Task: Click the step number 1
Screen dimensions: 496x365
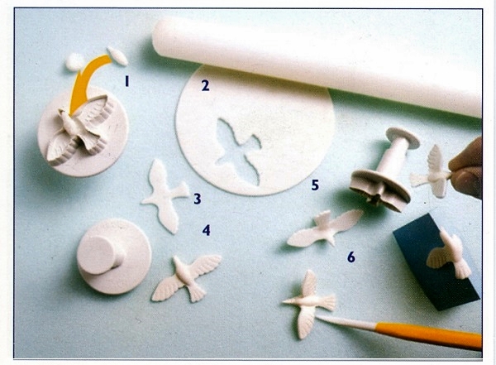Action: coord(126,82)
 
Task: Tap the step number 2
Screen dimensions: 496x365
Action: coord(205,85)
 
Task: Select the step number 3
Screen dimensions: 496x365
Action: coord(198,199)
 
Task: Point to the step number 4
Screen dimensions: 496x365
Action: coord(206,230)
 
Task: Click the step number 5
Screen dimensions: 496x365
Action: coord(315,185)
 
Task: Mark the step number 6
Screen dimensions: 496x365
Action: coord(351,257)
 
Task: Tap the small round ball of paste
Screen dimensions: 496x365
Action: coord(74,62)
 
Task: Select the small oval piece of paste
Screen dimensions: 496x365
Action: coord(117,56)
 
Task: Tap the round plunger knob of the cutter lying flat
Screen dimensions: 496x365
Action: coord(98,254)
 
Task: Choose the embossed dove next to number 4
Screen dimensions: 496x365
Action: coord(188,277)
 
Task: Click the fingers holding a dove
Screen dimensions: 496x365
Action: coord(467,169)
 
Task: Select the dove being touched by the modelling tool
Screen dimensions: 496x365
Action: coord(309,304)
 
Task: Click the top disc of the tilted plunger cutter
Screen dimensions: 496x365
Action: coord(403,137)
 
